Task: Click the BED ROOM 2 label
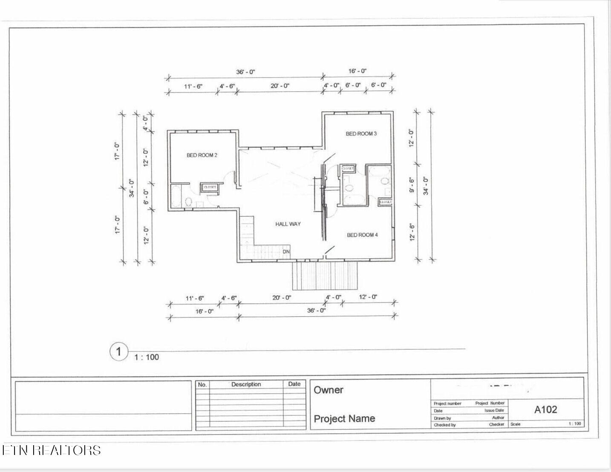click(x=202, y=155)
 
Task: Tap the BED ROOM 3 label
click(x=361, y=134)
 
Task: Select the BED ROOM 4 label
click(x=362, y=235)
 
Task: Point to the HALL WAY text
click(x=288, y=224)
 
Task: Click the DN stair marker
click(x=286, y=252)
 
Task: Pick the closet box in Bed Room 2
click(x=210, y=187)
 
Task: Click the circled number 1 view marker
click(x=119, y=352)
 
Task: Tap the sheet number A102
click(x=546, y=409)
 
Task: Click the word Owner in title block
click(x=329, y=390)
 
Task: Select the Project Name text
click(x=344, y=418)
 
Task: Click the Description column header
click(x=246, y=384)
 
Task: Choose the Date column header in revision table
click(x=294, y=384)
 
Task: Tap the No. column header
click(x=202, y=384)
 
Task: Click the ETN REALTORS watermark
click(x=51, y=450)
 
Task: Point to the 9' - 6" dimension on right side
click(x=412, y=185)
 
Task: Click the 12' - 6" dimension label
click(x=412, y=232)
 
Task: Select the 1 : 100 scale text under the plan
click(x=147, y=357)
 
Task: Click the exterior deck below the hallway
click(x=324, y=276)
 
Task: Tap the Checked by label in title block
click(x=444, y=425)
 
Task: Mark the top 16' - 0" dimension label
click(x=357, y=71)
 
